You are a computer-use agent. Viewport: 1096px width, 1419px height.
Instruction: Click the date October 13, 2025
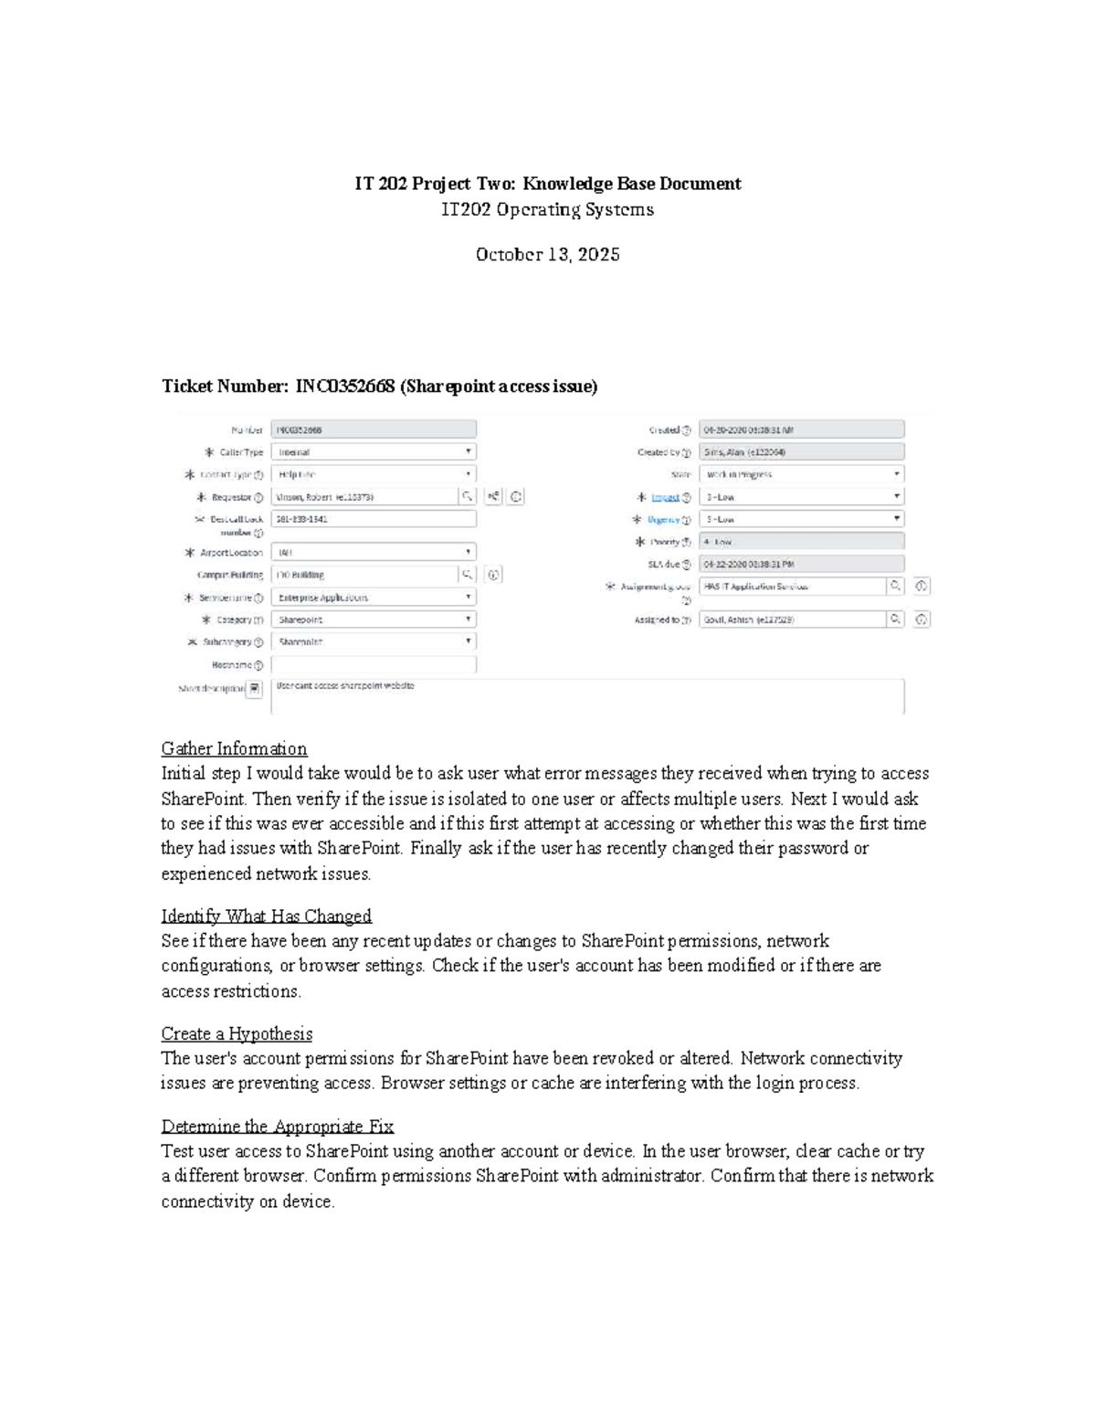547,254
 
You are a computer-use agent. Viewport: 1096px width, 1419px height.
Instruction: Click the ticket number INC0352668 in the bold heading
344,387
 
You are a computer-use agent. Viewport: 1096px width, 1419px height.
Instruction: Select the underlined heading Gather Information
234,748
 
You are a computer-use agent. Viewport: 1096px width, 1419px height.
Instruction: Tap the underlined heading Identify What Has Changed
266,916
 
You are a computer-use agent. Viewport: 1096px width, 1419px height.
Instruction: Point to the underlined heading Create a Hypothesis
237,1033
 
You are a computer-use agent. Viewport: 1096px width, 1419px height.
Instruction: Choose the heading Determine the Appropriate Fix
277,1126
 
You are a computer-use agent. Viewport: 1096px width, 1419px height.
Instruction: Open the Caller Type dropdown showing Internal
374,451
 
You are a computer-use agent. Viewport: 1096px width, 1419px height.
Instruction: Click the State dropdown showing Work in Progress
801,474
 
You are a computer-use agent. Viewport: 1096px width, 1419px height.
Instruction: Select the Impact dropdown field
801,496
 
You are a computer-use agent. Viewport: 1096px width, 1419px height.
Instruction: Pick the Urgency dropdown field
801,519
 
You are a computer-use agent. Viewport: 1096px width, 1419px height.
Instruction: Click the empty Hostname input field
374,665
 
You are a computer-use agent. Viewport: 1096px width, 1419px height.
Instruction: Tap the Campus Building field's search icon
467,575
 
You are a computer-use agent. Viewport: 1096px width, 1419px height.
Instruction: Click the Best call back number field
374,519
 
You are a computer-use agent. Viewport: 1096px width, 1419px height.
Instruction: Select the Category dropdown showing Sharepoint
374,619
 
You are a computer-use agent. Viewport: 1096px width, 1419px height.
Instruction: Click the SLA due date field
801,564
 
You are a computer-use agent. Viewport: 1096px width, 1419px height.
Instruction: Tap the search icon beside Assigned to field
896,619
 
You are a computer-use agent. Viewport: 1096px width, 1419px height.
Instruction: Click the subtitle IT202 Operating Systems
547,209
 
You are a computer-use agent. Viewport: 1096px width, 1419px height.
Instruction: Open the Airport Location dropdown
374,552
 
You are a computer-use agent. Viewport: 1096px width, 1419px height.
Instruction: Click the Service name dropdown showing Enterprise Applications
374,597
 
